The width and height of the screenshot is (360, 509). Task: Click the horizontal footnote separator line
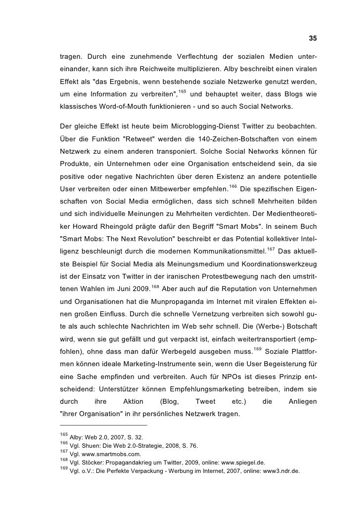[x=103, y=424]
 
